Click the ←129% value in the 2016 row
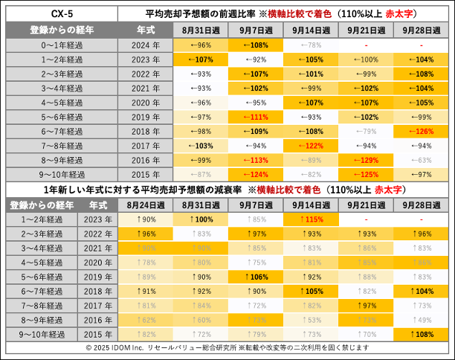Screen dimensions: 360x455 (364, 161)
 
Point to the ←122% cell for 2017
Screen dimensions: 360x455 (307, 146)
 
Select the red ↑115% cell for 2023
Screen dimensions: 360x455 (311, 219)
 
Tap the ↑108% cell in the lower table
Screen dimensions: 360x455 (420, 334)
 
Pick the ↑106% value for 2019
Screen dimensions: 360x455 (256, 277)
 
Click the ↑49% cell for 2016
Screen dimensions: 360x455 (420, 320)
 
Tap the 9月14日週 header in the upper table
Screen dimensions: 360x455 (307, 30)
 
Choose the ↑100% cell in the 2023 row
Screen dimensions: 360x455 (202, 219)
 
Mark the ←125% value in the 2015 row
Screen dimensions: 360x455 (364, 175)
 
